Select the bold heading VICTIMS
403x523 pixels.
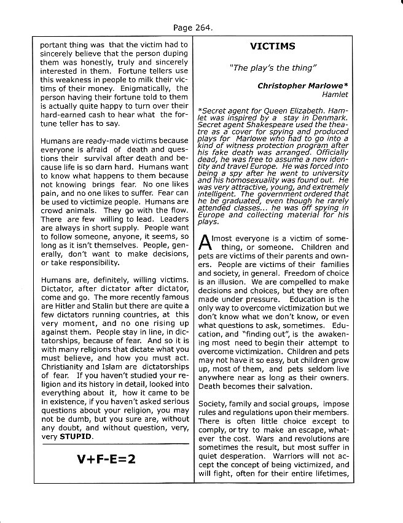click(272, 46)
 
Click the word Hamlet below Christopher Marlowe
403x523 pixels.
click(335, 95)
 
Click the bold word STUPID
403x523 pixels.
click(77, 436)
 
